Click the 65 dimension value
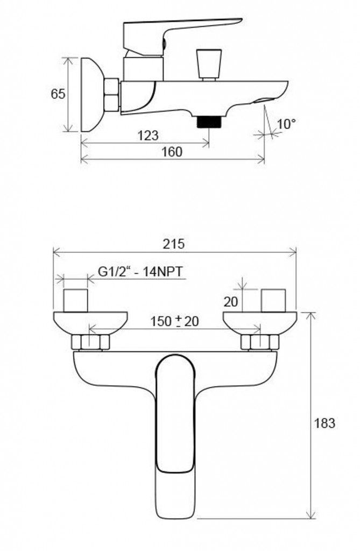coord(58,94)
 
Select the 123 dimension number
coord(148,135)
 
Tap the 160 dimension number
coord(172,152)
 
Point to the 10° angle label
coord(286,124)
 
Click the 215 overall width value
coord(173,244)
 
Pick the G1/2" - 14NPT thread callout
coord(142,272)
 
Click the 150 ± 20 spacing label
coord(174,321)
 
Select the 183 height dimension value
coord(324,423)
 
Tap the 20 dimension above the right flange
coord(231,301)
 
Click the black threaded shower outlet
coord(209,122)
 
